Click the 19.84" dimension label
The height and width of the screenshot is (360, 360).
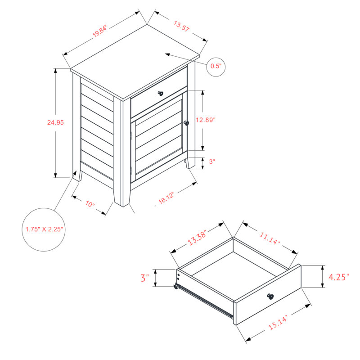coord(100,31)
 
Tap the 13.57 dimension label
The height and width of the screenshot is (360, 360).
coord(181,26)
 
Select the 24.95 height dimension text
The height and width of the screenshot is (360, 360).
coord(55,122)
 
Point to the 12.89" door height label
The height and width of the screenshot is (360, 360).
coord(206,120)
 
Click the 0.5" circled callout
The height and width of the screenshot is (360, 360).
coord(216,66)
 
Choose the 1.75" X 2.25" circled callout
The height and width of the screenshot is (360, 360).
coord(44,229)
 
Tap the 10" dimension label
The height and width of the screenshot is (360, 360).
coord(90,204)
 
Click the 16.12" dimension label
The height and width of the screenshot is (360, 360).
coord(166,198)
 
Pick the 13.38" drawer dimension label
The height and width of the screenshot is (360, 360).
coord(198,238)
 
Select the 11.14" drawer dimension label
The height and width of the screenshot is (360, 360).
coord(270,238)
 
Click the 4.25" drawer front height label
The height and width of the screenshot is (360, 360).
coord(339,277)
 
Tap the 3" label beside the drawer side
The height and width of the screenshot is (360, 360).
coord(144,278)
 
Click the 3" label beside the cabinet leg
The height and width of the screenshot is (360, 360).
coord(212,162)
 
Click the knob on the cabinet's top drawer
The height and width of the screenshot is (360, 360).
coord(161,93)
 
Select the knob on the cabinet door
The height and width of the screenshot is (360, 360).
coord(186,123)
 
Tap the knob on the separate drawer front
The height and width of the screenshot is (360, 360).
coord(270,296)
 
